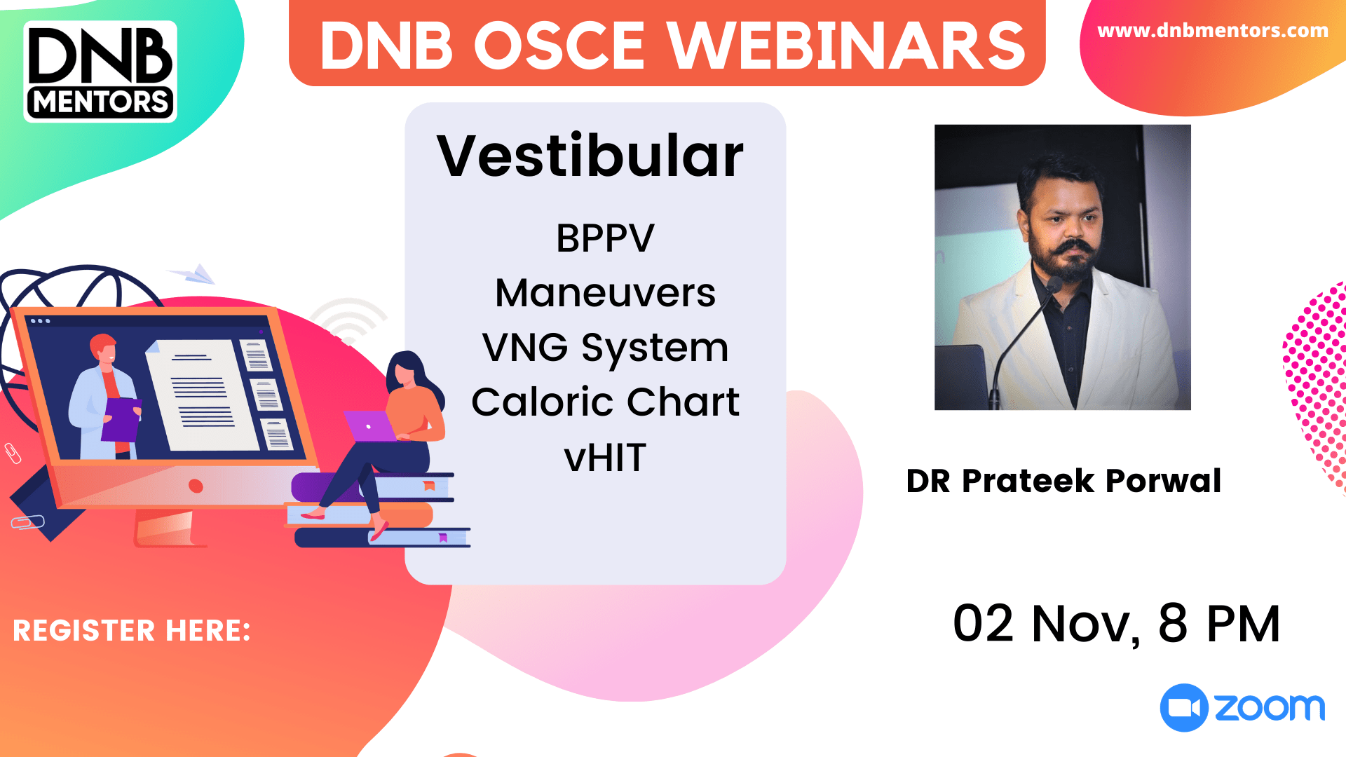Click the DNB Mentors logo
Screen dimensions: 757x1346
coord(100,71)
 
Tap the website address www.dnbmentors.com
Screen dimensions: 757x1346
coord(1212,31)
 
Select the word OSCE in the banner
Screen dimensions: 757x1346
coord(559,46)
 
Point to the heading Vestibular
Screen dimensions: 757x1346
coord(590,156)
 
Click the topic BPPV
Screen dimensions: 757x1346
coord(605,238)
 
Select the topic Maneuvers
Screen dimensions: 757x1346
coord(605,293)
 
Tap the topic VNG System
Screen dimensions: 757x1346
coord(605,348)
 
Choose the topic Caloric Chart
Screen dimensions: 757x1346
coord(605,402)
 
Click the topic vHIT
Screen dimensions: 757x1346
coord(605,458)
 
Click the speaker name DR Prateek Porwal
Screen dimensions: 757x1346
coord(1063,481)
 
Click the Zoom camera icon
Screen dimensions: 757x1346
coord(1183,707)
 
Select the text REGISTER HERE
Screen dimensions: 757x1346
coord(132,631)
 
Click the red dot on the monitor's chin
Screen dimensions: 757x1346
coord(196,486)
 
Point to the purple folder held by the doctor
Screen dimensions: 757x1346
coord(121,419)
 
